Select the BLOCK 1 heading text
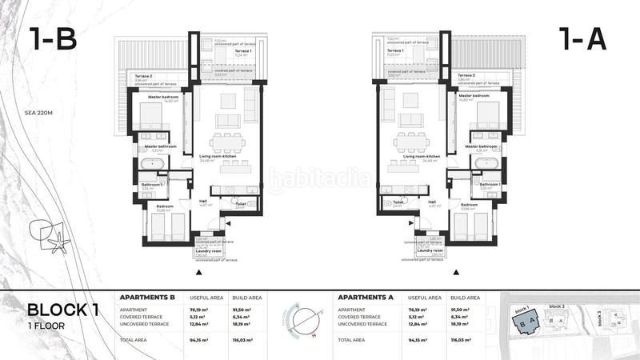63,310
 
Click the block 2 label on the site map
557,306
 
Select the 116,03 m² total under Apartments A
465,339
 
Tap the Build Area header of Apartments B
246,297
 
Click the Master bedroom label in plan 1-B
160,96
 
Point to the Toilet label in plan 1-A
398,202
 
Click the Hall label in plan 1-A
432,202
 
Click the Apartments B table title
147,297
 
